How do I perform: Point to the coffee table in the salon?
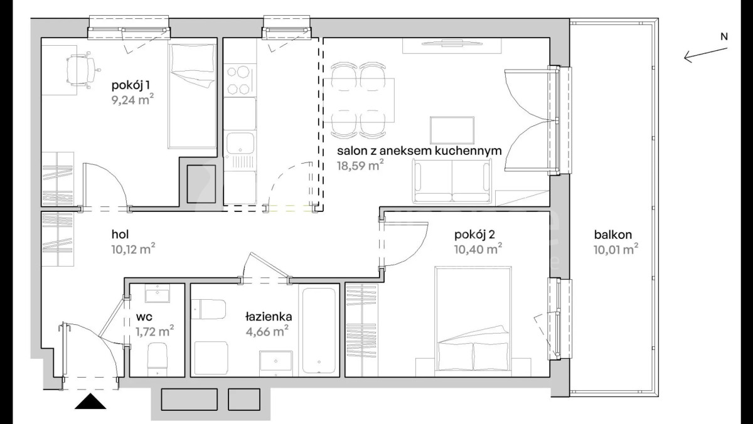pos(452,130)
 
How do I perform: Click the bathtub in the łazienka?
pos(319,331)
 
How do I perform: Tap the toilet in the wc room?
pos(158,359)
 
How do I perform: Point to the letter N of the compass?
pos(724,36)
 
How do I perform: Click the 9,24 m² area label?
pos(133,100)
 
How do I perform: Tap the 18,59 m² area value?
pos(360,166)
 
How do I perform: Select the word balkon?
pos(613,235)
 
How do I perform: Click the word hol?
pos(120,234)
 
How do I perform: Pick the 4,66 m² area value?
pos(267,332)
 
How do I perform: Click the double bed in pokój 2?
pos(473,321)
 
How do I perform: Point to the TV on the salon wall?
pos(452,43)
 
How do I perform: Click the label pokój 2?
pos(474,235)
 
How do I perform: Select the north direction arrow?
pos(705,55)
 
